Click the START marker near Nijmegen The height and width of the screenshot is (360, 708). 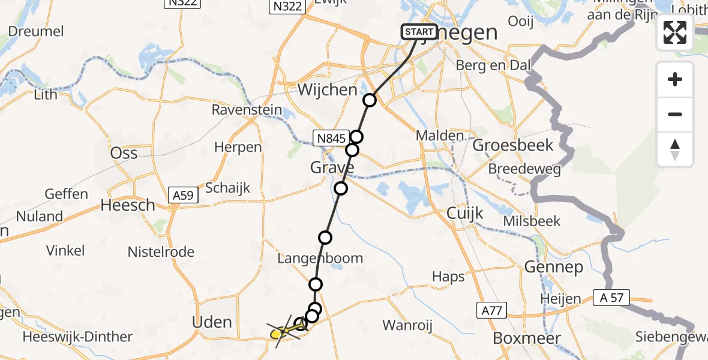pos(419,32)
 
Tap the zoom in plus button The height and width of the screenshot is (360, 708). pos(675,79)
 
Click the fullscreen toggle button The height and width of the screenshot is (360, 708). pos(675,32)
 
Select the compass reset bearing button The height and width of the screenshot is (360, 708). pos(675,149)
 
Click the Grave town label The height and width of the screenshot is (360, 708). pos(332,167)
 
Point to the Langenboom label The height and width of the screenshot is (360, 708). pos(320,259)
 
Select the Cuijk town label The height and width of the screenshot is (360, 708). pos(465,214)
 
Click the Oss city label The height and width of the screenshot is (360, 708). pos(124,153)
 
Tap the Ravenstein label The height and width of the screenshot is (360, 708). pos(247,110)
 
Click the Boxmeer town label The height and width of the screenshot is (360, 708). pos(519,338)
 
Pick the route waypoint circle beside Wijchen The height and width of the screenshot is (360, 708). pos(370,100)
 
